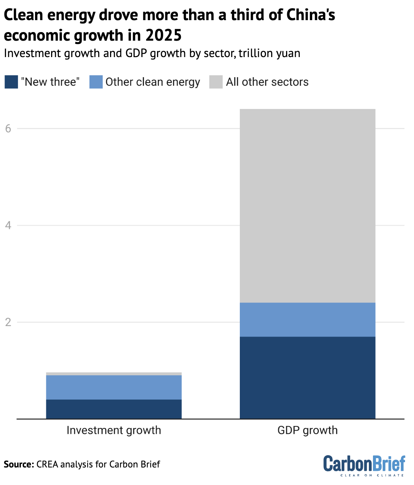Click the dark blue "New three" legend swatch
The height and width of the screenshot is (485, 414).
[11, 82]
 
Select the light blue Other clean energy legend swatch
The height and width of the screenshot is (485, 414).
[96, 82]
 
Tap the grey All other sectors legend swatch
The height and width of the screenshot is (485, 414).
[216, 82]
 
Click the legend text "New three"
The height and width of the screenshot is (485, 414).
[50, 82]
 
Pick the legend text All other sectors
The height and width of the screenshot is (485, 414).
[267, 82]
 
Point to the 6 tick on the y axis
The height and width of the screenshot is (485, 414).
[8, 129]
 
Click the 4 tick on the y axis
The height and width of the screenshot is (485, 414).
[8, 225]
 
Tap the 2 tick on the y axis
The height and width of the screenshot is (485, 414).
[8, 322]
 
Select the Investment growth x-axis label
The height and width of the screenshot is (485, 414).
[114, 430]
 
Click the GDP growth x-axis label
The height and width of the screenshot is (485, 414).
[307, 430]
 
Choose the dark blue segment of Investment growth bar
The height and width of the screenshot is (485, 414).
[114, 409]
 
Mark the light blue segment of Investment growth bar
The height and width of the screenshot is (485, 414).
[114, 387]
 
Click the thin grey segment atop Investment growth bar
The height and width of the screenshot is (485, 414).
[114, 373]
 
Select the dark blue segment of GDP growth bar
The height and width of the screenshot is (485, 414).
[307, 378]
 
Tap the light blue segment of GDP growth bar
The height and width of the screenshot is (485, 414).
[307, 320]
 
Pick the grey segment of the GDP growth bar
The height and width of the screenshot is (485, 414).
[307, 206]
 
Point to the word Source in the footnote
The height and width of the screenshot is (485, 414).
[19, 464]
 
